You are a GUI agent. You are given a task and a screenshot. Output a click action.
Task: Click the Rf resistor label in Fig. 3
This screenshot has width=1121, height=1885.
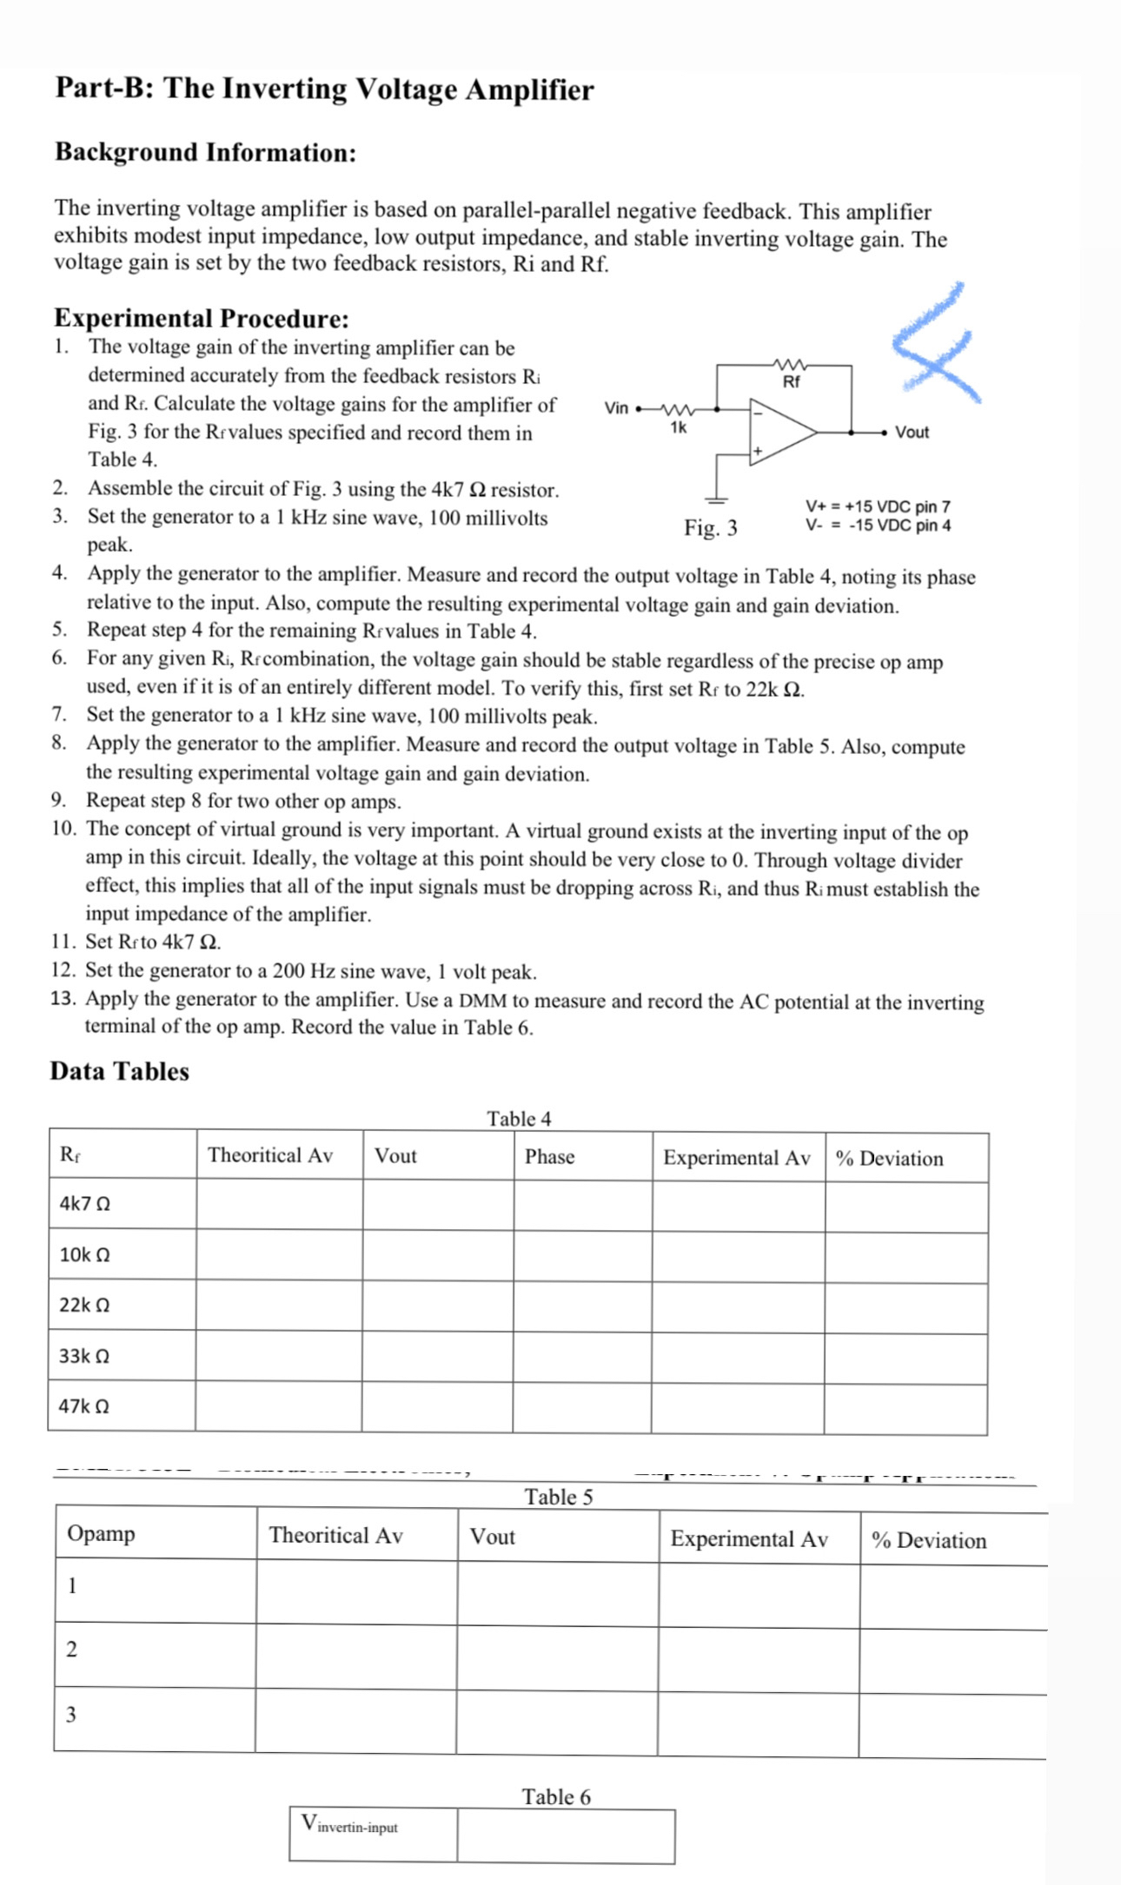pos(791,381)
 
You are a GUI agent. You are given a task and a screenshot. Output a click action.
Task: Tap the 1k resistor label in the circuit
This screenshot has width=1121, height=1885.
pos(679,427)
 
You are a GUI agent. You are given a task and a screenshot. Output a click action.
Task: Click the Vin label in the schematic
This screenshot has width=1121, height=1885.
pos(616,408)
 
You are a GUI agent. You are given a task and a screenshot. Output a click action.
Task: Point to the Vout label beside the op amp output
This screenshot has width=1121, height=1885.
pos(912,432)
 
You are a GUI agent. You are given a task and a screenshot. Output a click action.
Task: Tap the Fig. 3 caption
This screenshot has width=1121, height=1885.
pos(710,527)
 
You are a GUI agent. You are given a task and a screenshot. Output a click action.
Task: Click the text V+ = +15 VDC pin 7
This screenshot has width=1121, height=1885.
pos(878,506)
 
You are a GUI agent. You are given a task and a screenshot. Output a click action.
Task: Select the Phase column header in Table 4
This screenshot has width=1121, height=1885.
pos(549,1156)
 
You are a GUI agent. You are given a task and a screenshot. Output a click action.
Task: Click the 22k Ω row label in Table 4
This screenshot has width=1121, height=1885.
pos(84,1305)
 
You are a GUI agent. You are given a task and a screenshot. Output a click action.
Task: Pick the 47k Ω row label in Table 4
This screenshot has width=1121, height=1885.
pos(84,1405)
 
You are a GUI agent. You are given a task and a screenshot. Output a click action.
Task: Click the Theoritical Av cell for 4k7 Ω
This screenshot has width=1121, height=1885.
pos(279,1204)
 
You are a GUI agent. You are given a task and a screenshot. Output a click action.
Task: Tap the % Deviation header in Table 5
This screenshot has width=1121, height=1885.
pos(929,1540)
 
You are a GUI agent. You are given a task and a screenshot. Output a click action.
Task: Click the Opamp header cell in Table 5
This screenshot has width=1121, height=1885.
pos(102,1533)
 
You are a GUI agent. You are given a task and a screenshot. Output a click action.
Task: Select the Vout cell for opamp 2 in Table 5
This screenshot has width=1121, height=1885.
pos(556,1657)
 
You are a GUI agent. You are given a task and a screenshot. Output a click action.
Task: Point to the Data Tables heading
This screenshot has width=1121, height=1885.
pos(119,1071)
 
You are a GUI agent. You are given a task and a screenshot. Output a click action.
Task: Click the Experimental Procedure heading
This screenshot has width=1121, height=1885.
pos(202,318)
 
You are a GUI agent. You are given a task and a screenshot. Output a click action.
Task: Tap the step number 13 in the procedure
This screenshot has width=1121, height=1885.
pos(63,998)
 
